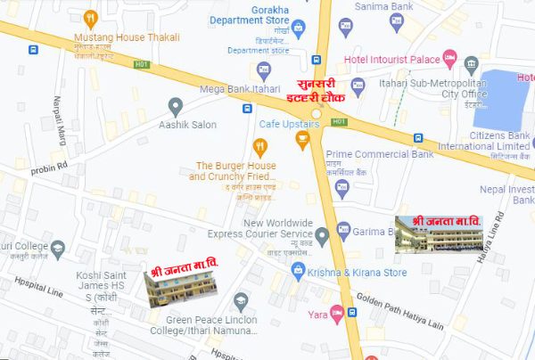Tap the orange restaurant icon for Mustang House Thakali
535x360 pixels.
click(89, 18)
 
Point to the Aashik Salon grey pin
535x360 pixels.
click(176, 107)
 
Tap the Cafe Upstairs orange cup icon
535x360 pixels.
click(302, 137)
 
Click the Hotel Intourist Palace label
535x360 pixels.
click(390, 59)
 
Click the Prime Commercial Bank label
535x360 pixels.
click(386, 155)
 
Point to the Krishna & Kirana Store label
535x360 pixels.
click(357, 273)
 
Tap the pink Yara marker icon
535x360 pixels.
click(336, 312)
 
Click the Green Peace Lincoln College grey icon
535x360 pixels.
click(239, 301)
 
